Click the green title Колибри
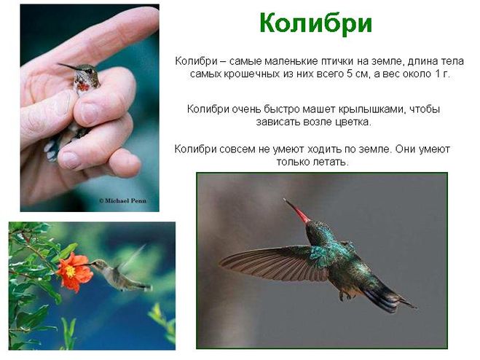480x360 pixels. coord(315,24)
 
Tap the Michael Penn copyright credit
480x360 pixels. coord(123,200)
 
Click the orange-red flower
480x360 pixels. coord(74,272)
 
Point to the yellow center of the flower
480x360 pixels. coord(70,271)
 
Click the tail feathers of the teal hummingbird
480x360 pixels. coord(388,298)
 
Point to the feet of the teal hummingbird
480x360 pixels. coord(345,295)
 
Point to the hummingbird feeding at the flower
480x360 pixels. coord(122,273)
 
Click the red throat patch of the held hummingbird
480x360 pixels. coord(82,86)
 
